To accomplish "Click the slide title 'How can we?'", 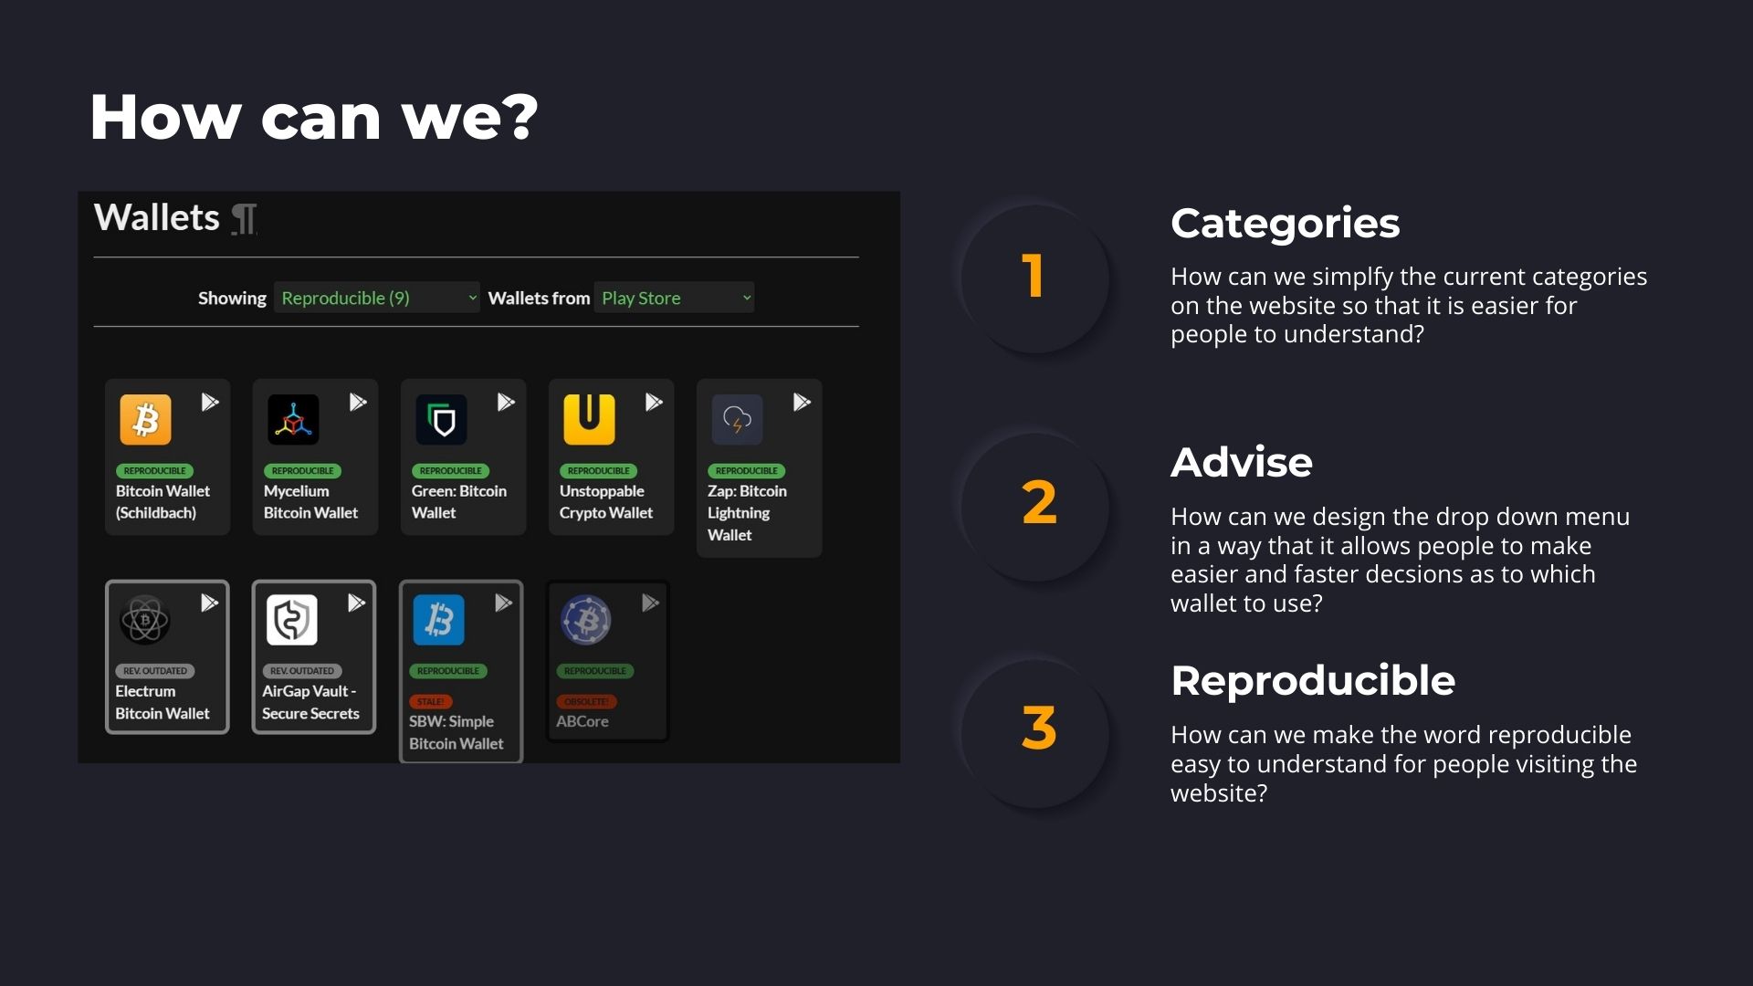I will coord(314,118).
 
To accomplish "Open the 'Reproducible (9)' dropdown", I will coord(376,298).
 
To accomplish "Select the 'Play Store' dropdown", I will coord(674,298).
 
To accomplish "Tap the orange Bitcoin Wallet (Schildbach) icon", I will coord(146,420).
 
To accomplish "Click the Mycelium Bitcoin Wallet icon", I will coord(293,420).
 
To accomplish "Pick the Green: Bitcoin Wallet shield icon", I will coord(442,420).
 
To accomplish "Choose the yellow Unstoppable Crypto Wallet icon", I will coord(589,420).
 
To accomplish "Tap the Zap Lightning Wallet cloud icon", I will coord(738,420).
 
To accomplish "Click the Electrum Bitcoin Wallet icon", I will coord(145,620).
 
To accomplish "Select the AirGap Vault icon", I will coord(292,620).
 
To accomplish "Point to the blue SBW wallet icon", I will coord(439,620).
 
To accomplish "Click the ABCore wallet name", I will coord(583,721).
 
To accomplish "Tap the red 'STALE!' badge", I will coord(430,701).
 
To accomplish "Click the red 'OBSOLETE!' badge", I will coord(586,701).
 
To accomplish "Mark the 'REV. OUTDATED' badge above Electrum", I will coord(155,670).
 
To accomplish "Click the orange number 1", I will coord(1034,276).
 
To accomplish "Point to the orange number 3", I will coord(1039,729).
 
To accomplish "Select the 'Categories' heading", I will coord(1285,224).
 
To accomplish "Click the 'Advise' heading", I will coord(1241,463).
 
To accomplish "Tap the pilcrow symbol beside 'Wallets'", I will coord(244,219).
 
